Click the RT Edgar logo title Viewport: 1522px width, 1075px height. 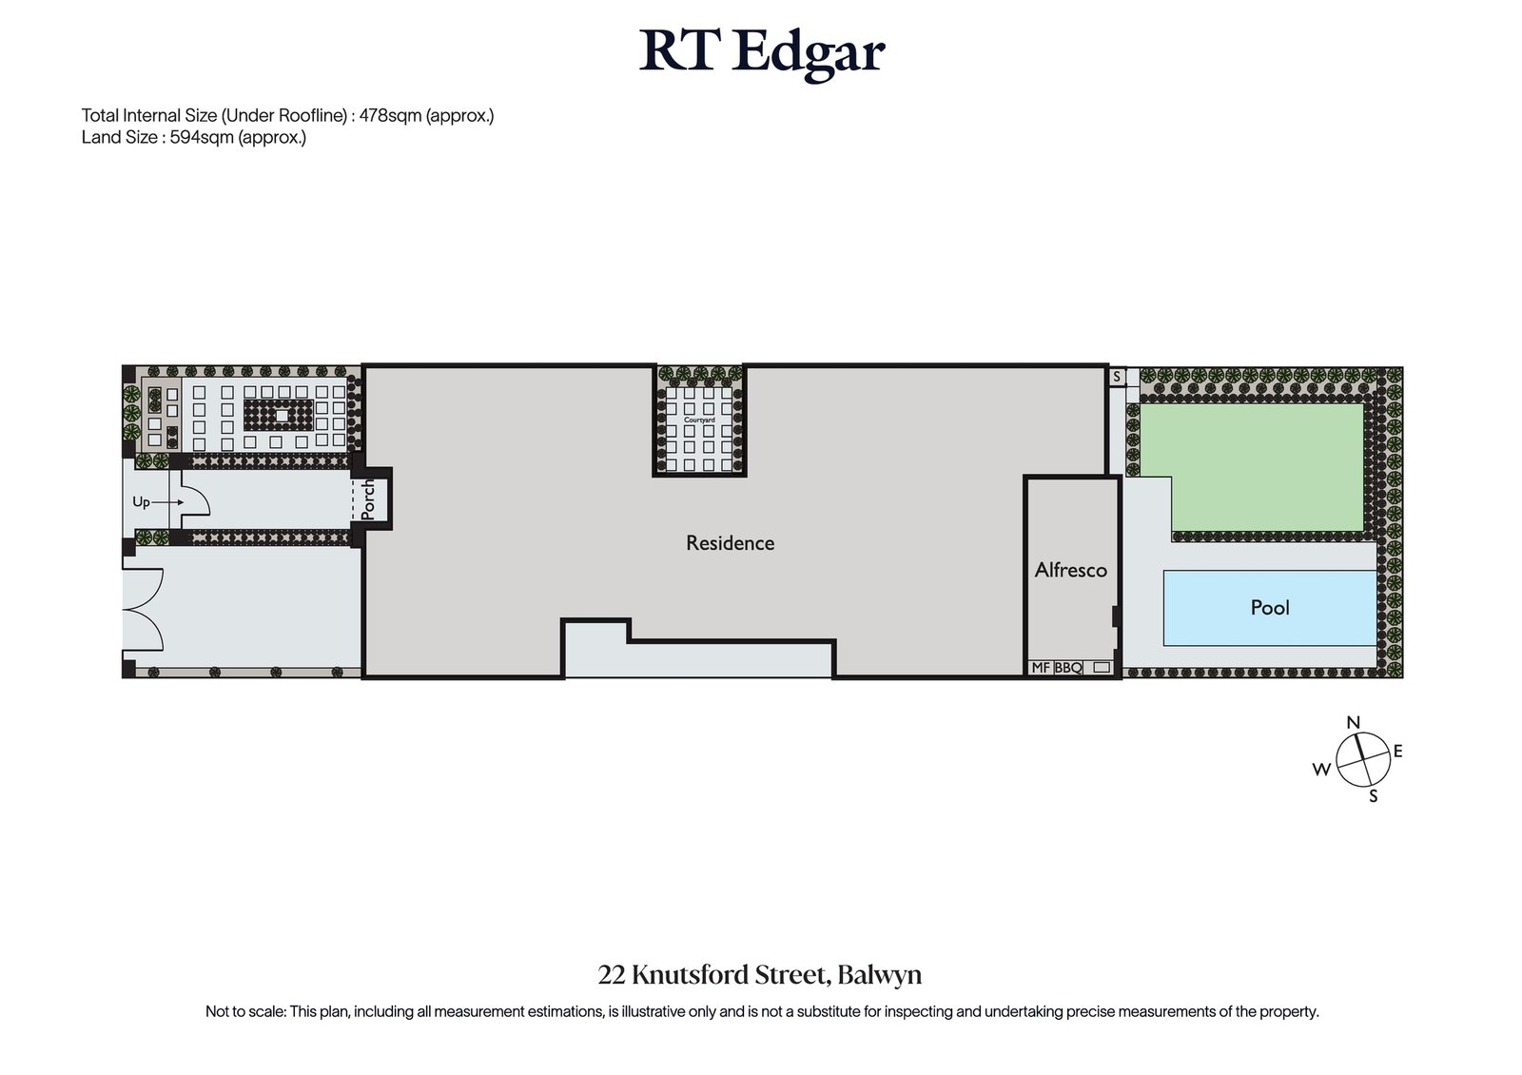pos(761,53)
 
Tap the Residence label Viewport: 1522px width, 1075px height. pos(731,543)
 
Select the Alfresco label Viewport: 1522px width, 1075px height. pos(1071,570)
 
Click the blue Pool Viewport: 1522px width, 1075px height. pos(1270,607)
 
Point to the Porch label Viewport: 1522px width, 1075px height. pos(369,498)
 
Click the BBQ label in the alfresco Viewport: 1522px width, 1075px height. pos(1068,668)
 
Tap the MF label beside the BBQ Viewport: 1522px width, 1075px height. pos(1041,668)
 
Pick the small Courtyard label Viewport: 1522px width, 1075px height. pos(699,420)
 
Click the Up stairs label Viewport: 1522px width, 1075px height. pos(141,502)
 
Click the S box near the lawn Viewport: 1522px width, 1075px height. pos(1117,377)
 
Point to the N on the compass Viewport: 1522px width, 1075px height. pos(1353,723)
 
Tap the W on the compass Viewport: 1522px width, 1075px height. pos(1321,771)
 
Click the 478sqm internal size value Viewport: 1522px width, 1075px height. pos(387,116)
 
